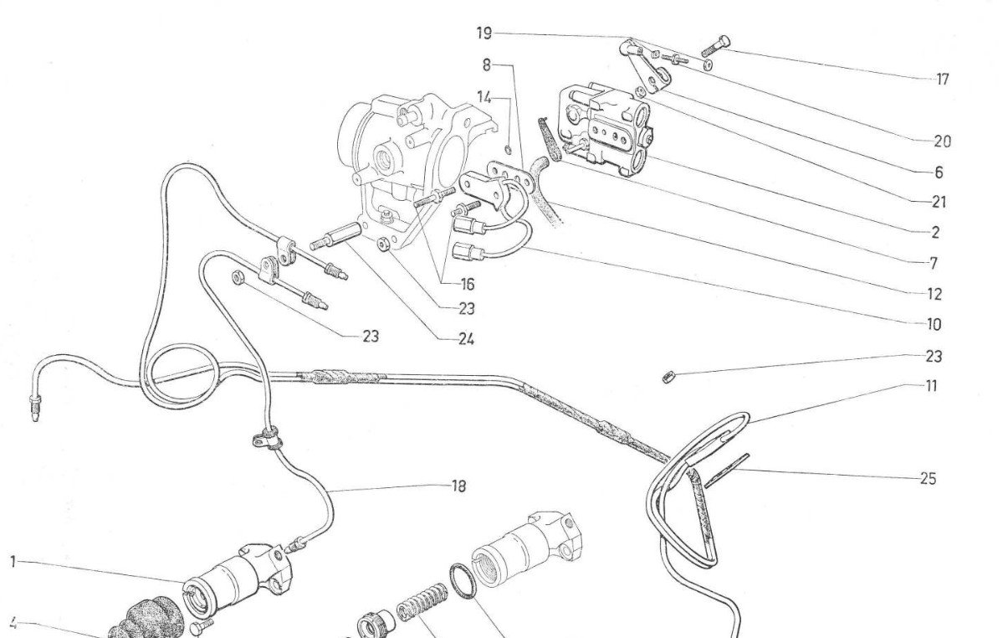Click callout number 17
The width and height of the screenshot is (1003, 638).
click(x=943, y=80)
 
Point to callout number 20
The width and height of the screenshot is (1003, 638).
click(x=943, y=141)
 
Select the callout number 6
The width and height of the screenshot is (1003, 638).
click(x=939, y=172)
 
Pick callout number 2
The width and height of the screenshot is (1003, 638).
click(x=934, y=233)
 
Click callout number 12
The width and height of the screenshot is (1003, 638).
click(x=934, y=294)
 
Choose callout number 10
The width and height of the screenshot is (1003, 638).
click(x=934, y=324)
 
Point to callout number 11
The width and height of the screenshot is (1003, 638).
click(x=931, y=386)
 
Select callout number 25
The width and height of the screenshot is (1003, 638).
click(x=928, y=479)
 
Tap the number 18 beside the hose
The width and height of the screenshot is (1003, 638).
click(x=458, y=486)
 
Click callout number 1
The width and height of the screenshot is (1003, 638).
click(x=13, y=562)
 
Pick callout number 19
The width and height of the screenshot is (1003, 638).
click(x=484, y=33)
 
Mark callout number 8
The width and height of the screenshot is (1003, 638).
click(x=486, y=64)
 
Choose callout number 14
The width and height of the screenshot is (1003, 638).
click(x=484, y=96)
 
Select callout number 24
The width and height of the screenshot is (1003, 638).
click(x=467, y=339)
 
